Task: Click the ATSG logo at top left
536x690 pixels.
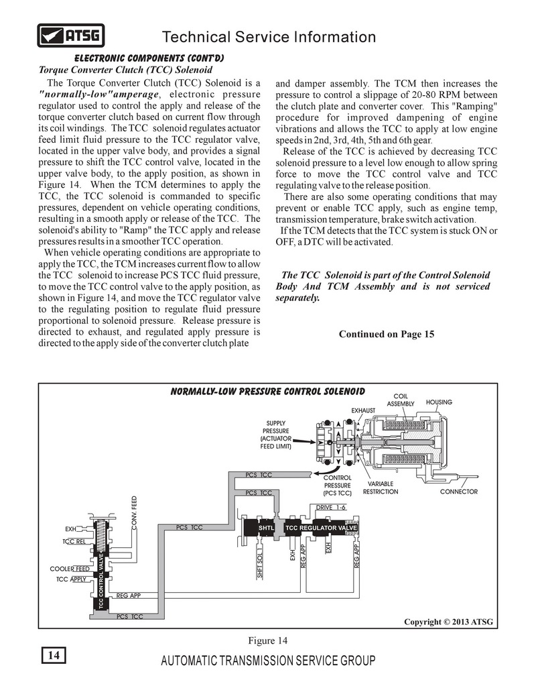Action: coord(70,35)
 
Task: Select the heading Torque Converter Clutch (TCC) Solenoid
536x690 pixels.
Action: coord(126,70)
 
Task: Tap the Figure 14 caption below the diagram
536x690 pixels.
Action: coord(268,639)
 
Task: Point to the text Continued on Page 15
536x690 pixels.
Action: coord(387,334)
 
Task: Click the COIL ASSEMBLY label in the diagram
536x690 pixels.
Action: coord(401,400)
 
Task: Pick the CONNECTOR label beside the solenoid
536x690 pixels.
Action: coord(459,492)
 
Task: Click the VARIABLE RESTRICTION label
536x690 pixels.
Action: coord(381,487)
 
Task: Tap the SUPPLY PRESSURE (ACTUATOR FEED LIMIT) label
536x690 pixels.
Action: coord(276,435)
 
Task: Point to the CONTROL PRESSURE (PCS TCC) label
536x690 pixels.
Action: coord(338,485)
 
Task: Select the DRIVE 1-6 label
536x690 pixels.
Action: coord(330,508)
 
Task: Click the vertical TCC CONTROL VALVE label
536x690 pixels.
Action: coord(101,581)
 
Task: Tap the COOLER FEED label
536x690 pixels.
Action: coord(70,569)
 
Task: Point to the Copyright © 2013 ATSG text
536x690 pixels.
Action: coord(448,622)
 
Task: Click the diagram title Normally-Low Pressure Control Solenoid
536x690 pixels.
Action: coord(268,391)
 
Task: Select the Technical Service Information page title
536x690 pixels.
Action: coord(269,37)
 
